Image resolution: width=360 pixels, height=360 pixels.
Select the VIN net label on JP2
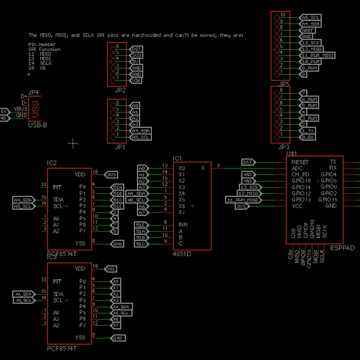(136, 80)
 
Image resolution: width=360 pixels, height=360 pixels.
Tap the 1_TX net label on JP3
(307, 131)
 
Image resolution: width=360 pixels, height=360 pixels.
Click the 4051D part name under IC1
(182, 254)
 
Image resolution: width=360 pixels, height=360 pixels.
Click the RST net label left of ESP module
(247, 162)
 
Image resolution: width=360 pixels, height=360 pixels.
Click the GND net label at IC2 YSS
(118, 244)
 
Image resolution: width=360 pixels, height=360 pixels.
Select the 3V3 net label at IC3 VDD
(111, 269)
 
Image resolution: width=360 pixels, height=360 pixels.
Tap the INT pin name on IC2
(57, 187)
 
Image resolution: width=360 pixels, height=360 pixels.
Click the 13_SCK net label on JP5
(310, 43)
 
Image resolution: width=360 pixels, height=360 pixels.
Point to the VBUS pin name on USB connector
(21, 109)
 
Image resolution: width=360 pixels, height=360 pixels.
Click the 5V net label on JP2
(136, 61)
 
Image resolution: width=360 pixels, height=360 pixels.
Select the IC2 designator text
(52, 163)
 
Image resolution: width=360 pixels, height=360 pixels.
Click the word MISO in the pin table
(46, 54)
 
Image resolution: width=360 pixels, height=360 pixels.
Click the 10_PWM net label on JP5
(310, 62)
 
